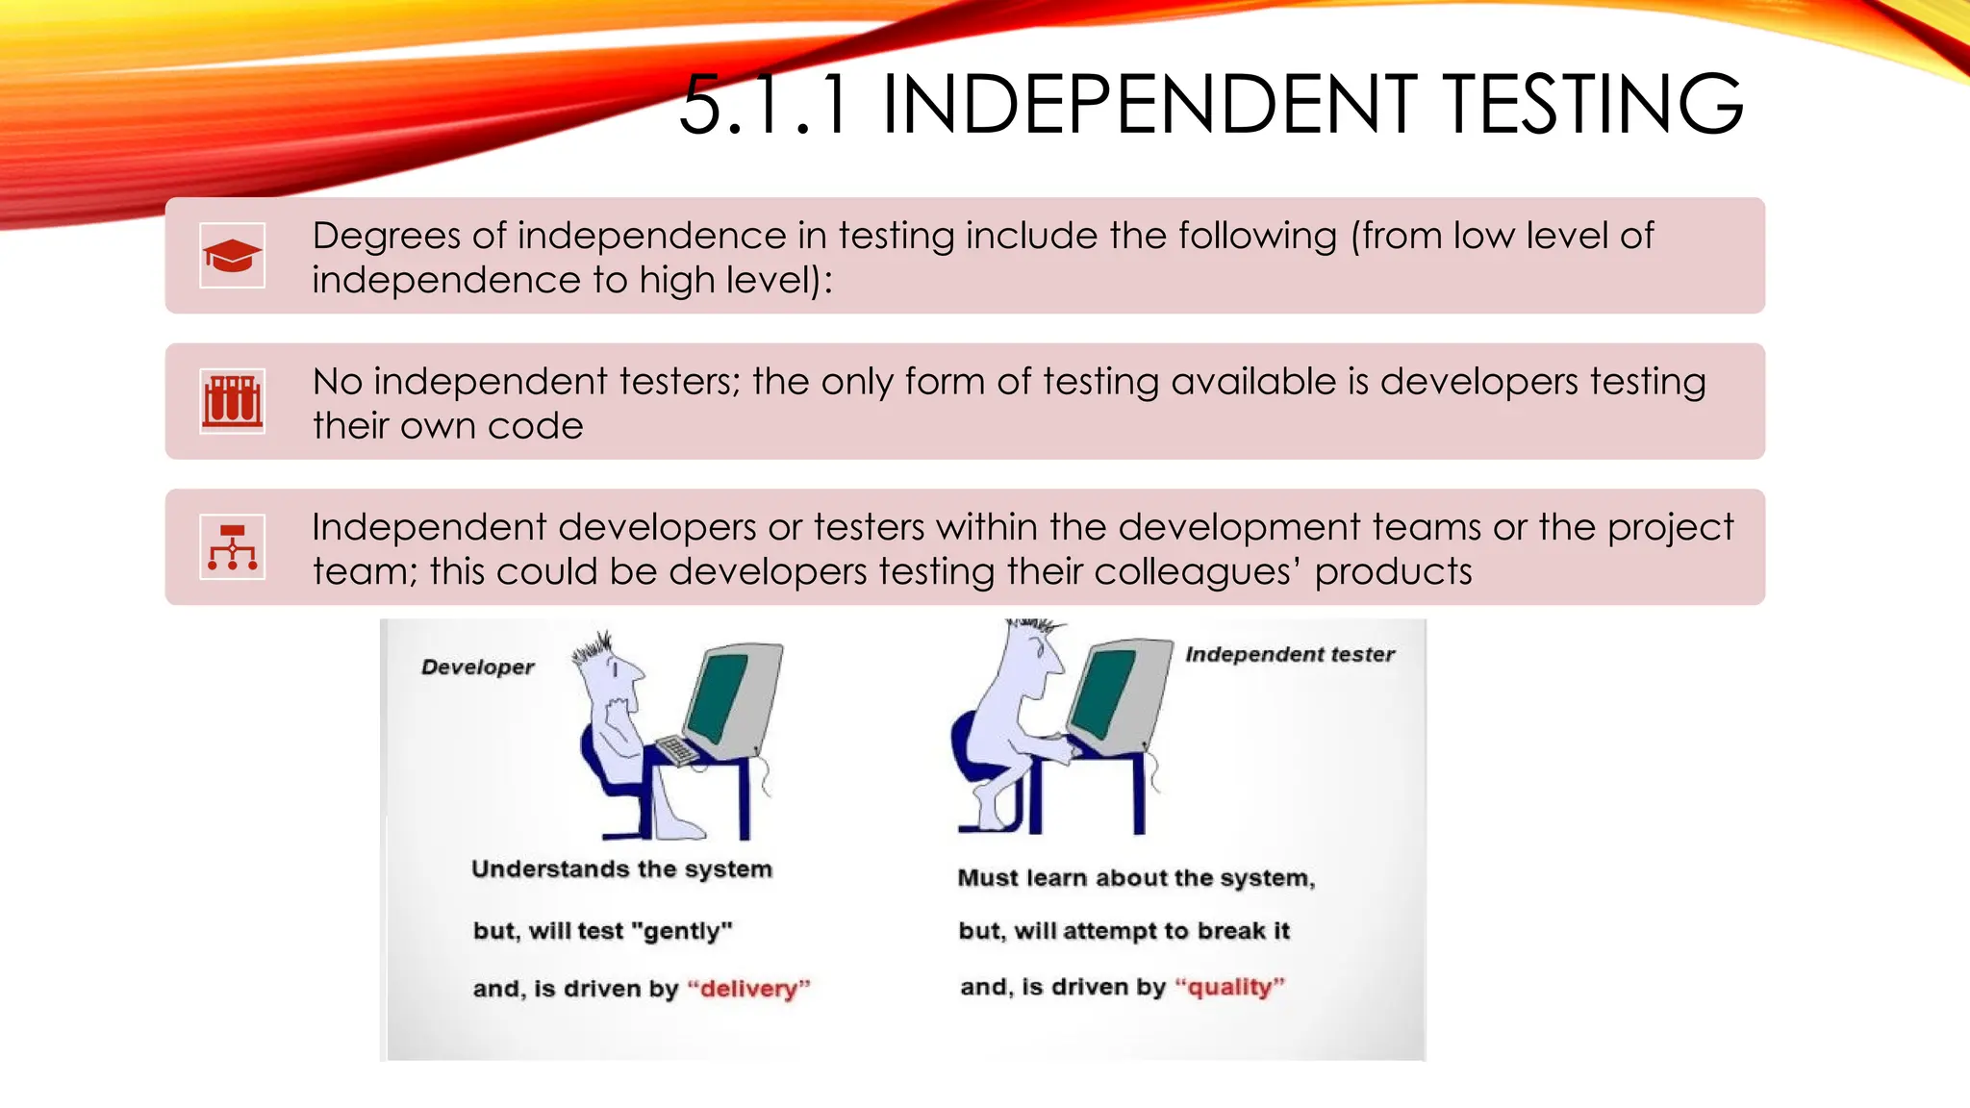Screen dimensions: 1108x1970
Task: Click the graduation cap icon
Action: pos(232,256)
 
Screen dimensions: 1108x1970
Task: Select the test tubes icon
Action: pos(232,401)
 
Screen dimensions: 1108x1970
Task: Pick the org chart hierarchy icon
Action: pos(232,547)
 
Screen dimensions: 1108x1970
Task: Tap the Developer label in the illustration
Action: pos(477,667)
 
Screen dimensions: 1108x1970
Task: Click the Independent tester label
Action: pos(1289,655)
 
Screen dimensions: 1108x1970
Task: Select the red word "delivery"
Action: pos(749,989)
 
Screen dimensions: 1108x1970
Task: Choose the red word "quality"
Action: pos(1229,987)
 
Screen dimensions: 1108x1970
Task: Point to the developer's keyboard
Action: pos(677,750)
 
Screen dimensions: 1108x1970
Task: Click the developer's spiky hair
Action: pos(594,650)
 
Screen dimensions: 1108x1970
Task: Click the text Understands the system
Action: pos(621,869)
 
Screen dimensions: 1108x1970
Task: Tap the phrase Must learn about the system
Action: pos(1136,878)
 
